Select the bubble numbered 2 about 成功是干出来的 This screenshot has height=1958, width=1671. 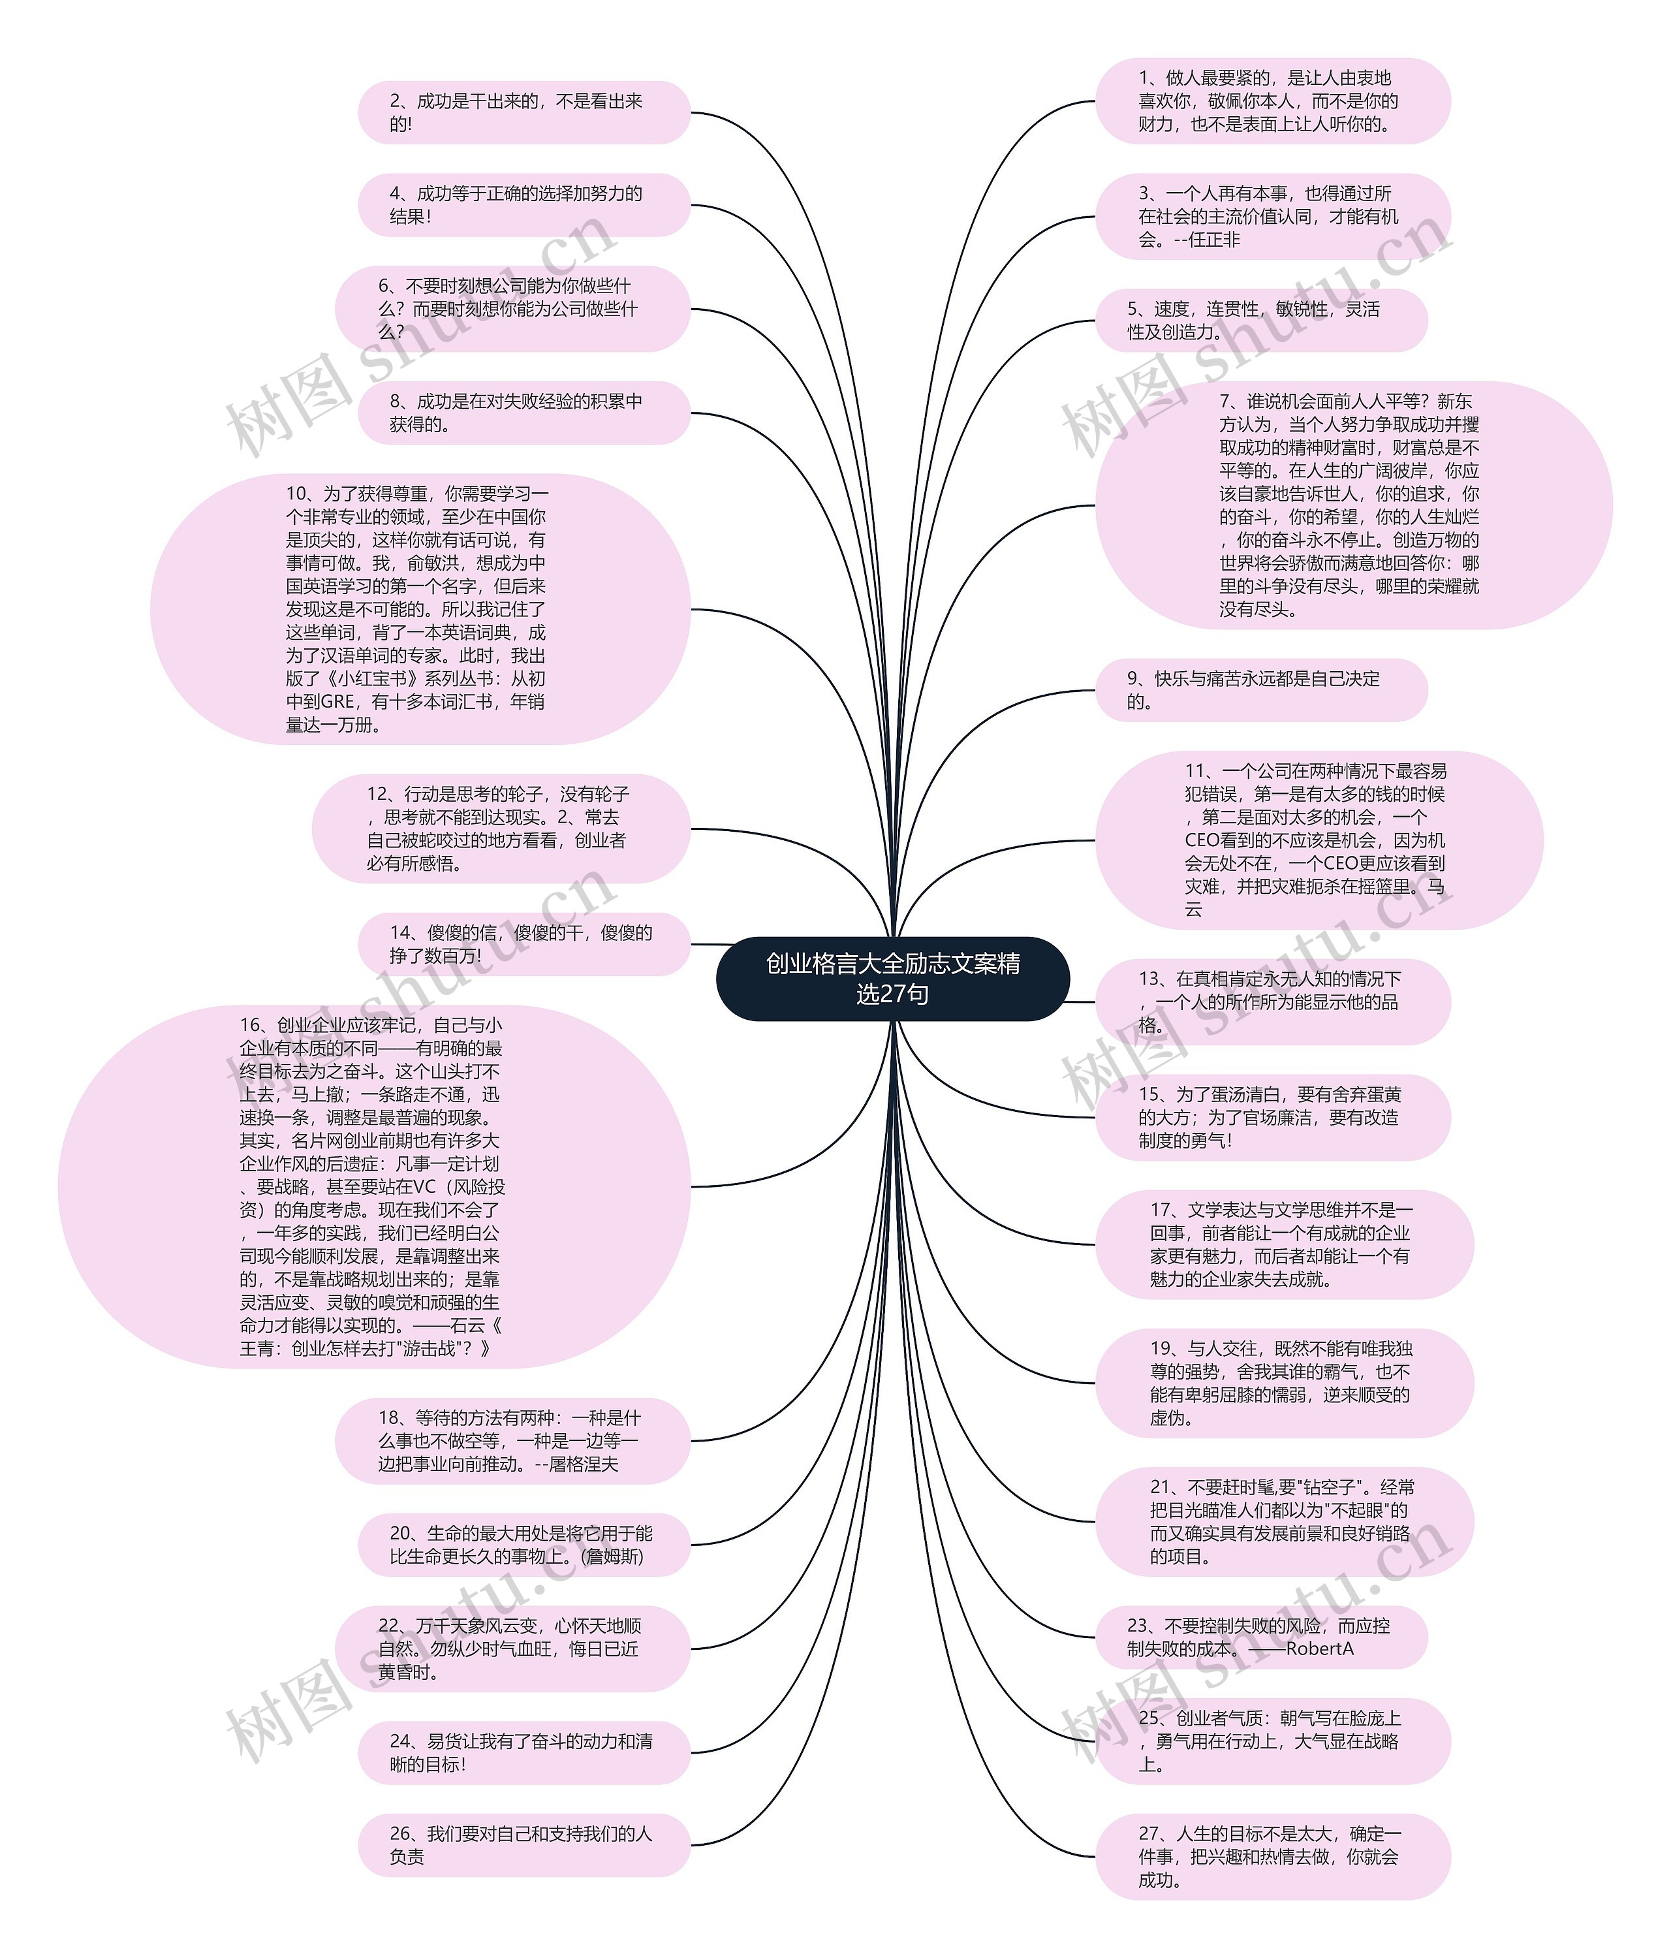coord(523,112)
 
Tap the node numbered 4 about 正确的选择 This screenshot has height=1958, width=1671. coord(523,205)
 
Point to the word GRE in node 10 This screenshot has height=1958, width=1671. coord(337,702)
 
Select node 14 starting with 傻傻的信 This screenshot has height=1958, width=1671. coord(523,944)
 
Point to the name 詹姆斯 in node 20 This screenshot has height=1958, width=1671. coord(614,1556)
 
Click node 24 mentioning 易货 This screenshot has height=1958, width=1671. coord(523,1753)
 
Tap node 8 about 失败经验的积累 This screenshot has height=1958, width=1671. coord(523,413)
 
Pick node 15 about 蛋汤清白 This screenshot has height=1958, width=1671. coord(1272,1117)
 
